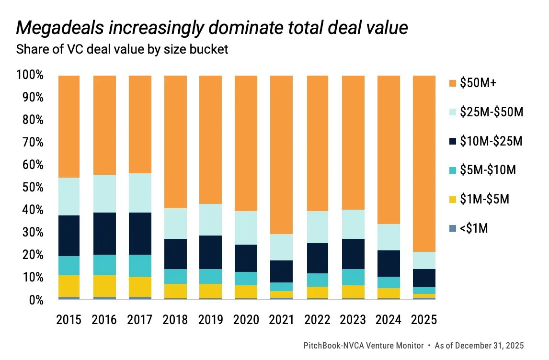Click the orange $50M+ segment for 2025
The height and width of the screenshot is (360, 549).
click(424, 163)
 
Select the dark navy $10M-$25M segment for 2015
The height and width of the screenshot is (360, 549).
click(69, 236)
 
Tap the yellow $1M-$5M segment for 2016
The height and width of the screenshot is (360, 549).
click(104, 286)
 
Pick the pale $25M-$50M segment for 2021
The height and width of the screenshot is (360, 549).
click(282, 247)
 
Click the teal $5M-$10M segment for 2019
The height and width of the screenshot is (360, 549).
click(211, 276)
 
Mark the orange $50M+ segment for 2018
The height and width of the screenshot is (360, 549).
click(175, 142)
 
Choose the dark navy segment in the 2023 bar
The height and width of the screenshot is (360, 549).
click(353, 254)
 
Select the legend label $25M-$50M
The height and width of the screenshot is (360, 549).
click(491, 112)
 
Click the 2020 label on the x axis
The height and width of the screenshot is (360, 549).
click(246, 319)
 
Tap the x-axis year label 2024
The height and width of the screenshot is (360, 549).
click(389, 319)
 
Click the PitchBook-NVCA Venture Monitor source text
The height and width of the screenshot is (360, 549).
click(364, 345)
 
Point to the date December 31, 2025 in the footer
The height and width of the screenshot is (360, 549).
click(491, 345)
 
